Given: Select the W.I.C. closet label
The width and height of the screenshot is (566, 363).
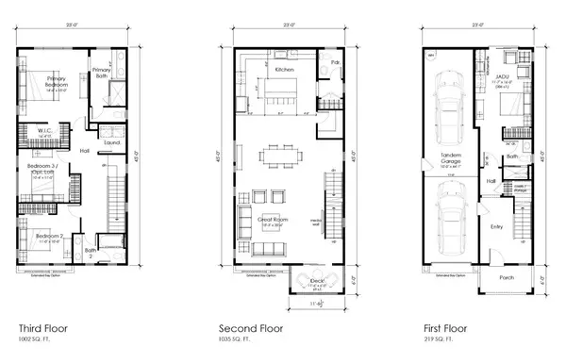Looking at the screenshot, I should pyautogui.click(x=43, y=130).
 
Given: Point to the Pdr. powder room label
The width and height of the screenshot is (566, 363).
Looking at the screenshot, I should pyautogui.click(x=336, y=63).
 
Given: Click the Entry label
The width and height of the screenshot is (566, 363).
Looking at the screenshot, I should pyautogui.click(x=496, y=226).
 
